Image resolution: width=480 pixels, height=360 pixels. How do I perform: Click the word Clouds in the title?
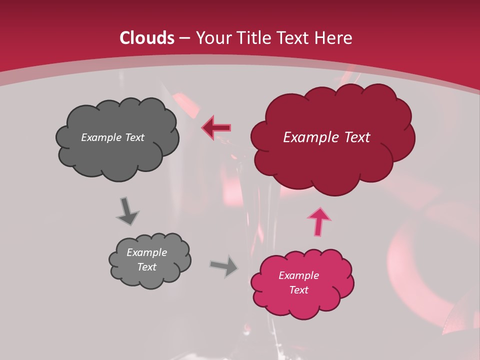(147, 38)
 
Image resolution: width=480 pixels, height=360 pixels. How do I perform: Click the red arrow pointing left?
(216, 127)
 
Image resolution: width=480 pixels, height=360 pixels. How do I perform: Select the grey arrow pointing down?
(127, 211)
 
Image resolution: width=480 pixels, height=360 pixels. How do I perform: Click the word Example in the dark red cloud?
(308, 137)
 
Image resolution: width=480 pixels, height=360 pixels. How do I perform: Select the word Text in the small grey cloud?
(147, 267)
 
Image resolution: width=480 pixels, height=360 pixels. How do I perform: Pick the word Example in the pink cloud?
(298, 275)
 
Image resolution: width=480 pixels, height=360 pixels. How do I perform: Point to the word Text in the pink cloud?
(298, 290)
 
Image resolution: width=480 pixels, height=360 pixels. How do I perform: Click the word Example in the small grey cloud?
(147, 252)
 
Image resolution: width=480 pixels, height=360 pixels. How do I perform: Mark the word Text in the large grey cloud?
(134, 137)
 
